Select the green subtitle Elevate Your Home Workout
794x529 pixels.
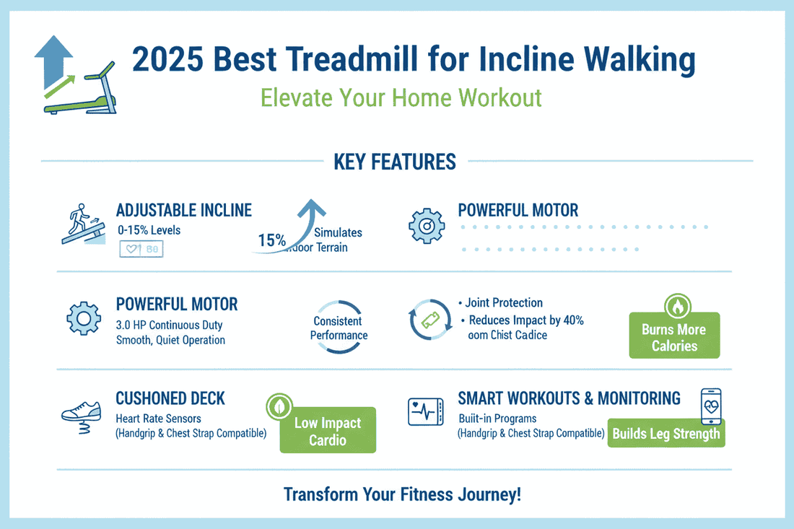401,97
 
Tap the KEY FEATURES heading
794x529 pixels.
395,162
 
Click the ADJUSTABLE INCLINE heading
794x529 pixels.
183,210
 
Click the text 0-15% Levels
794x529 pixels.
148,230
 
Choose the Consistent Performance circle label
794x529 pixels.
339,328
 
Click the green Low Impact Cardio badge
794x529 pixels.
328,432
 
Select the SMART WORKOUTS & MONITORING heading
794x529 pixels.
569,398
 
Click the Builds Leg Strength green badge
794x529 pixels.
666,434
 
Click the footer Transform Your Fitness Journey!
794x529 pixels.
402,494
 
